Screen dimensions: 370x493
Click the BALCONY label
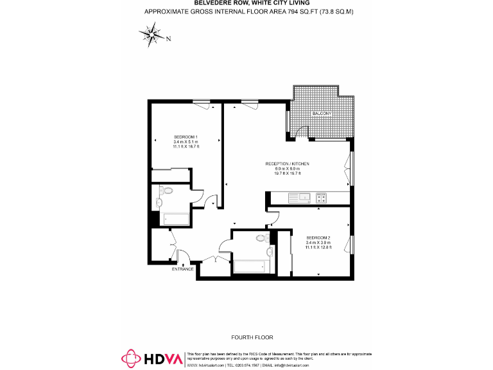(322, 113)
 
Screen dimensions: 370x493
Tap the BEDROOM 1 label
(186, 136)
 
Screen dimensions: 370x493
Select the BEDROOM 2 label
(318, 237)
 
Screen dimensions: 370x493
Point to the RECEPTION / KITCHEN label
(288, 164)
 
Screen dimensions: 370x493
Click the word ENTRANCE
(182, 269)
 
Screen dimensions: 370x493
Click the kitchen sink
(299, 197)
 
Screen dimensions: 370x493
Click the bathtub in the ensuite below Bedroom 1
(174, 218)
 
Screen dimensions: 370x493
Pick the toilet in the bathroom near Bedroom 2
(261, 238)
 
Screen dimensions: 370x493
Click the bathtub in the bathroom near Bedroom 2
(250, 265)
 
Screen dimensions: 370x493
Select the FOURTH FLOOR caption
(252, 337)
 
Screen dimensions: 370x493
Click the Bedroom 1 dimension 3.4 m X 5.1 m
(186, 142)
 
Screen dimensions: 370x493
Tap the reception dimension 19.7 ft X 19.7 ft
(288, 173)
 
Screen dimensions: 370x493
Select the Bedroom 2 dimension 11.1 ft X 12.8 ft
(318, 247)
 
